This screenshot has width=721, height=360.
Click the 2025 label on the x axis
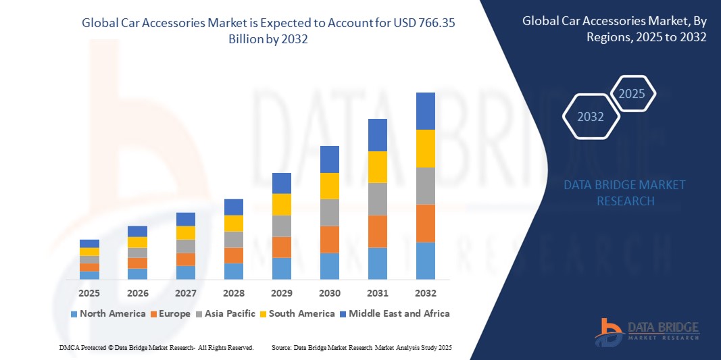(x=89, y=294)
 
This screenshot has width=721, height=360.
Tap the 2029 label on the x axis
(x=282, y=294)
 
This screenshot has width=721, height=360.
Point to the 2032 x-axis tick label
(x=426, y=294)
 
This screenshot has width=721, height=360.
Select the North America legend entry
(x=108, y=313)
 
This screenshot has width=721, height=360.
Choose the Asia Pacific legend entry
(x=226, y=313)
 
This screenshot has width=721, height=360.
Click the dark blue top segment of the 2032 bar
(x=426, y=111)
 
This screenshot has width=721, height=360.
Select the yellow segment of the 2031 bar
(x=378, y=167)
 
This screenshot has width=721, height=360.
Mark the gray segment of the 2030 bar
(x=330, y=212)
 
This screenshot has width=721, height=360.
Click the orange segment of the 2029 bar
(x=282, y=247)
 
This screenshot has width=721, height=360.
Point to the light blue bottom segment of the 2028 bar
(x=233, y=271)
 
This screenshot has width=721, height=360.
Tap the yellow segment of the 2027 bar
(x=186, y=232)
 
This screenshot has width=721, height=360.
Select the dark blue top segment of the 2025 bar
(x=89, y=243)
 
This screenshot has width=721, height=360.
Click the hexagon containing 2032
(x=591, y=117)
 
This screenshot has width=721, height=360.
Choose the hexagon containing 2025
(x=632, y=94)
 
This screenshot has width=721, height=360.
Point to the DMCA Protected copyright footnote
(x=156, y=347)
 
